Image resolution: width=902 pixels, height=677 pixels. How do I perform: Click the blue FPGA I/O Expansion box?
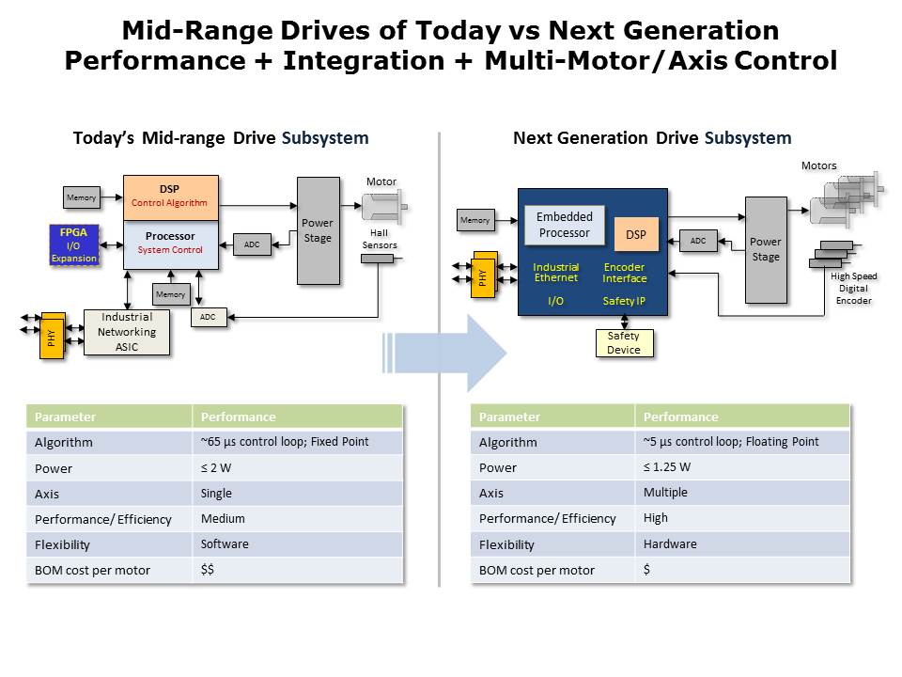tap(74, 244)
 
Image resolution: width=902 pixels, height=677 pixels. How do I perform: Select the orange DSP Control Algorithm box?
tap(170, 197)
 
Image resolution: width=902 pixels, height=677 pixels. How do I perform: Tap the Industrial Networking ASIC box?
tap(127, 332)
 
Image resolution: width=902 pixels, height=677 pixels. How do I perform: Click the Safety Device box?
tap(624, 343)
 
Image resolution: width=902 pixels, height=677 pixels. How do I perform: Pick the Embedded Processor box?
tap(565, 225)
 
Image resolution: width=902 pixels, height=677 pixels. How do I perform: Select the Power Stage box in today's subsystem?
tap(318, 230)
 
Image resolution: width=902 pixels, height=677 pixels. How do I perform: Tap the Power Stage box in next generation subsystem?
tap(766, 249)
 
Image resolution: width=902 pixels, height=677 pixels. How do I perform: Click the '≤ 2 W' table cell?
tap(297, 467)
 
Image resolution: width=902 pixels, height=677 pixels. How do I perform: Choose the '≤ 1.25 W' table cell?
tap(742, 467)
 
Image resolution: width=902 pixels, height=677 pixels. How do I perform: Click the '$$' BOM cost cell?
tap(297, 570)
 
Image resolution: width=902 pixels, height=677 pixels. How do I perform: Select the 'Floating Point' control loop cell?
tap(742, 442)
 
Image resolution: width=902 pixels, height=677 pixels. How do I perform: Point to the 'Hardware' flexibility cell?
tap(742, 544)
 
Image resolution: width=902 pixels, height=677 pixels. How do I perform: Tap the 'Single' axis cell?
tap(297, 493)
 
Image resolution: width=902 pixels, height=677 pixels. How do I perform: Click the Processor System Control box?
tap(170, 244)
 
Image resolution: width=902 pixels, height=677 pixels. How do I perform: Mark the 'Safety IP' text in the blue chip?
tap(625, 301)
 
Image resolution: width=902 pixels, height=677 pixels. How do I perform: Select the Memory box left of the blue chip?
tap(475, 221)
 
